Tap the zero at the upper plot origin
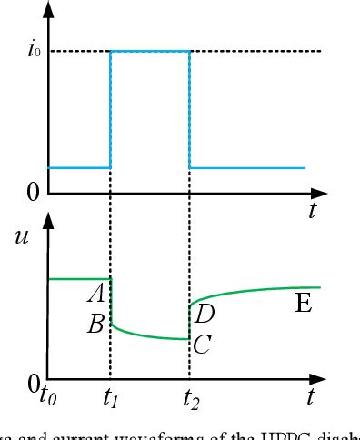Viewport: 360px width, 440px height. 33,192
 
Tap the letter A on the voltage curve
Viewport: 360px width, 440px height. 95,293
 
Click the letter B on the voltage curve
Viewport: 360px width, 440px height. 95,324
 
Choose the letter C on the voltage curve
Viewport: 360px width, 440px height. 203,345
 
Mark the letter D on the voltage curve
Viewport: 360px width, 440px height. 204,315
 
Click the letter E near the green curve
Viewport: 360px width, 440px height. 305,304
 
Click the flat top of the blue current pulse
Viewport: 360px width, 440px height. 150,51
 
